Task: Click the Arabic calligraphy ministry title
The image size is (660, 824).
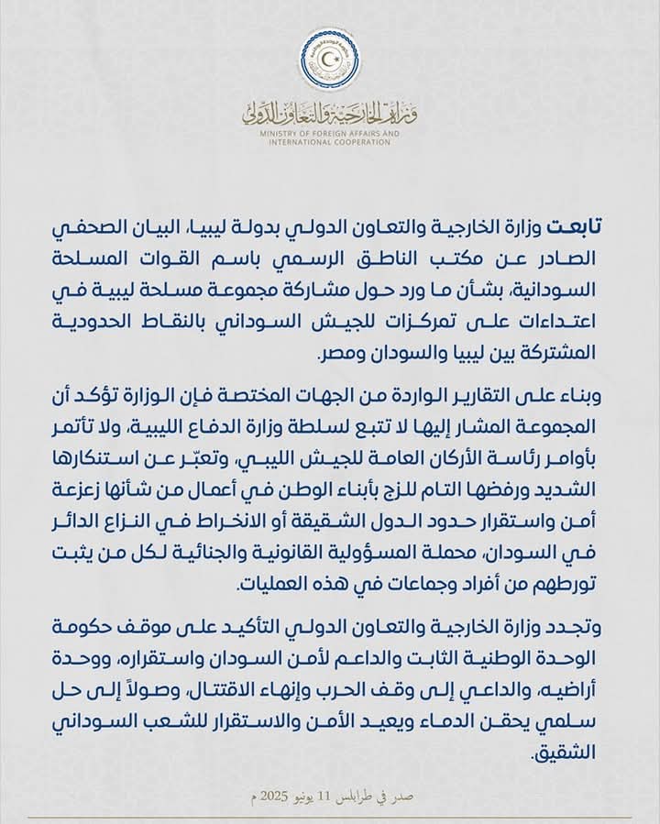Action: tap(330, 113)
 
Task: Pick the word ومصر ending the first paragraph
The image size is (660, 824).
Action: tap(340, 353)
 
